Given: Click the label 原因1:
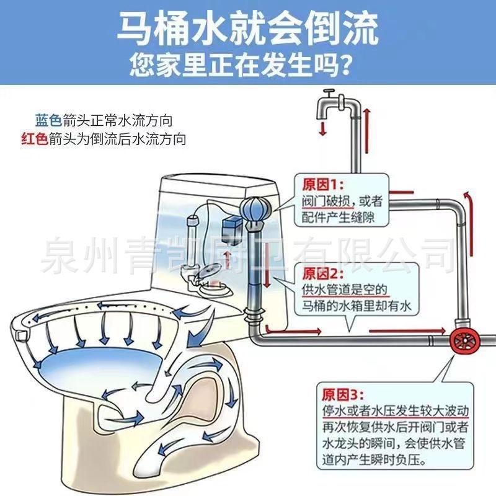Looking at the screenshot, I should coord(322,184).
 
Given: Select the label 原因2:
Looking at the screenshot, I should coord(322,273).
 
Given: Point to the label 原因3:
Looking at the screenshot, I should coord(340,394).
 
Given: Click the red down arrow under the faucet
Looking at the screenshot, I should coord(322,128).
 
